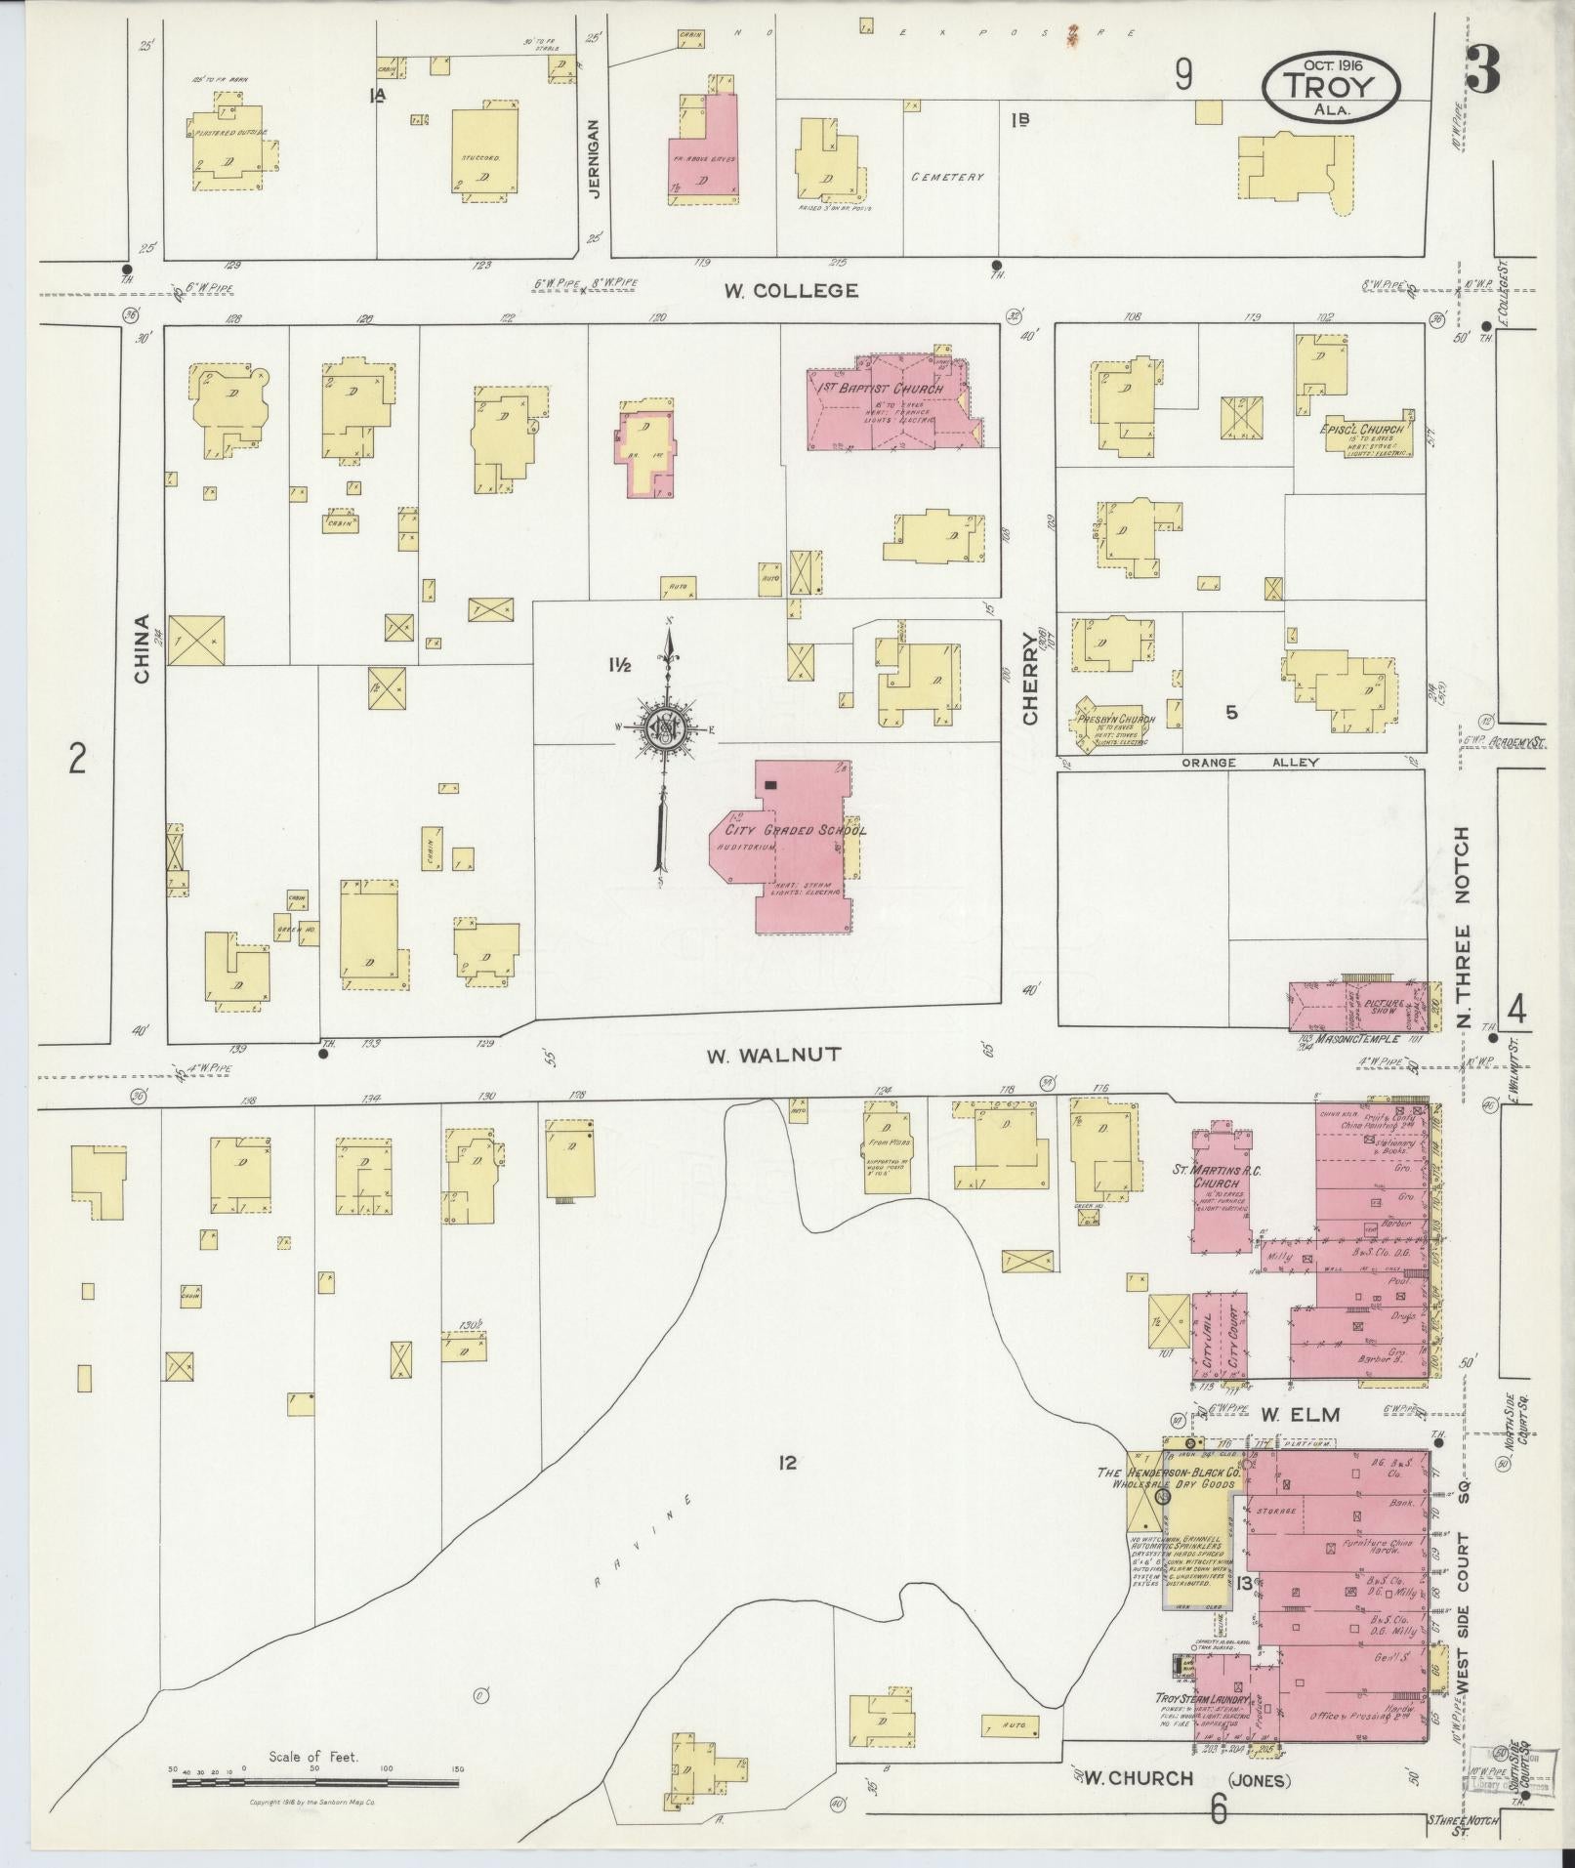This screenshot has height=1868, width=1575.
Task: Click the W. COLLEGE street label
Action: (791, 290)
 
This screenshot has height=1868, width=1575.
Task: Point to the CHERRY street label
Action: (1031, 678)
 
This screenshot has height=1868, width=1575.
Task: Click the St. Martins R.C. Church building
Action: (1221, 1184)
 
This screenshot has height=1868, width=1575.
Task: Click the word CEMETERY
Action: (947, 178)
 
